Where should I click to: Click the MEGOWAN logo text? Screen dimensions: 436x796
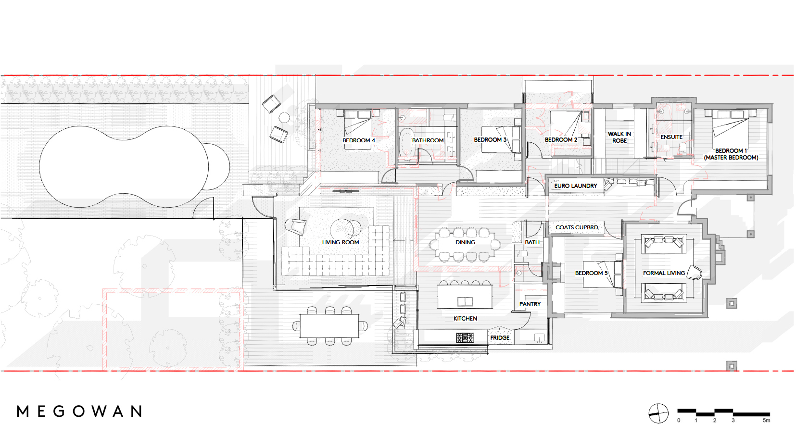[x=79, y=411]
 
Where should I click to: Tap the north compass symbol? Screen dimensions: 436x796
[x=658, y=413]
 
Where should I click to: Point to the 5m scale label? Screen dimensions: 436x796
[x=766, y=421]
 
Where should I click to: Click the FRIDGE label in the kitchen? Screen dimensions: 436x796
[x=500, y=338]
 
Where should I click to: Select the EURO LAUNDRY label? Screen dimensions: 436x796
[x=575, y=186]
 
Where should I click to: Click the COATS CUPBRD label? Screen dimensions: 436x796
[x=577, y=227]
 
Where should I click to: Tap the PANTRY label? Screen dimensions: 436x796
[x=530, y=304]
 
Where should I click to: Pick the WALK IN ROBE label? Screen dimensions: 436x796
[x=619, y=137]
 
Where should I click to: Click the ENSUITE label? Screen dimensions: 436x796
[x=671, y=137]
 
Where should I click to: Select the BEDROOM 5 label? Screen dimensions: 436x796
[x=591, y=273]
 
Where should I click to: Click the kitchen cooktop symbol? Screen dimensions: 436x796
[x=465, y=338]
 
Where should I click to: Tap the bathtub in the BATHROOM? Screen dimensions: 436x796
[x=406, y=144]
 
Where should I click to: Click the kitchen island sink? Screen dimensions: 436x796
[x=465, y=302]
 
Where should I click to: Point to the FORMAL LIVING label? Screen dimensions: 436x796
[x=664, y=273]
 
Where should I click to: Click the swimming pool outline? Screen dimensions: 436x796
[x=130, y=166]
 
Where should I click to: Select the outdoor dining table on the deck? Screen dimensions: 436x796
[x=329, y=325]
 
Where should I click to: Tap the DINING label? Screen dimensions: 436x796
[x=465, y=242]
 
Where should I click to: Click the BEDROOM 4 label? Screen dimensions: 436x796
[x=358, y=140]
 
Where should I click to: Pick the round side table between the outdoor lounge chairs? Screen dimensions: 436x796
[x=284, y=117]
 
